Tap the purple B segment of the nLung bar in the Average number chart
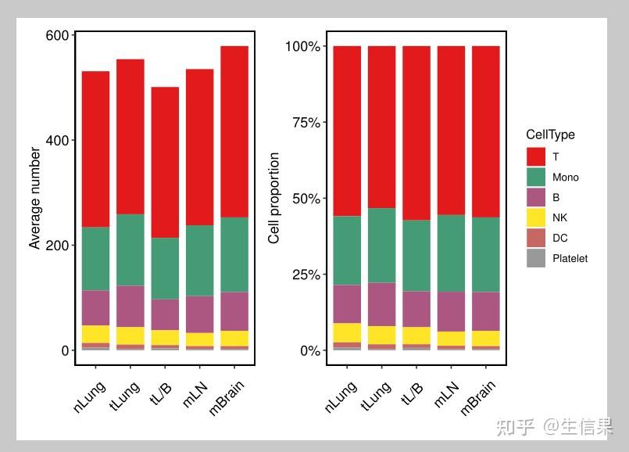click(96, 307)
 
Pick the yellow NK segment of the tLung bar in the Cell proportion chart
click(382, 335)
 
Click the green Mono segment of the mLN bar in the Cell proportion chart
click(451, 253)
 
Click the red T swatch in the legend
click(536, 157)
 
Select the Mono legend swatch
click(536, 178)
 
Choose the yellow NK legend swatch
click(536, 218)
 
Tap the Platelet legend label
click(570, 259)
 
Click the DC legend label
click(559, 239)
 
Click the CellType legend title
click(550, 135)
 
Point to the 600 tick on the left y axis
click(59, 35)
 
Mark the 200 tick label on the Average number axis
click(59, 245)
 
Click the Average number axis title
click(34, 198)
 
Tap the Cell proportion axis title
click(274, 198)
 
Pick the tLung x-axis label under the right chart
click(377, 395)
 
